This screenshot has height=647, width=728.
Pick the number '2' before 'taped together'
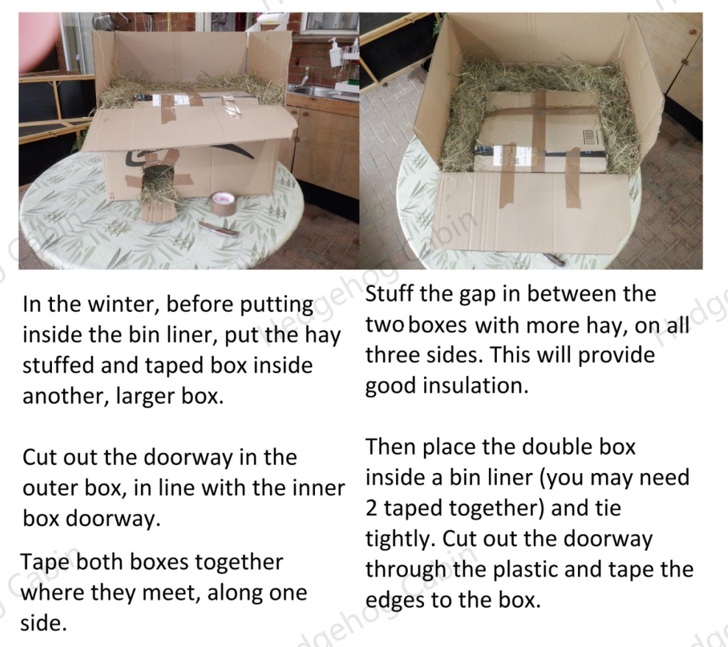click(x=371, y=508)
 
